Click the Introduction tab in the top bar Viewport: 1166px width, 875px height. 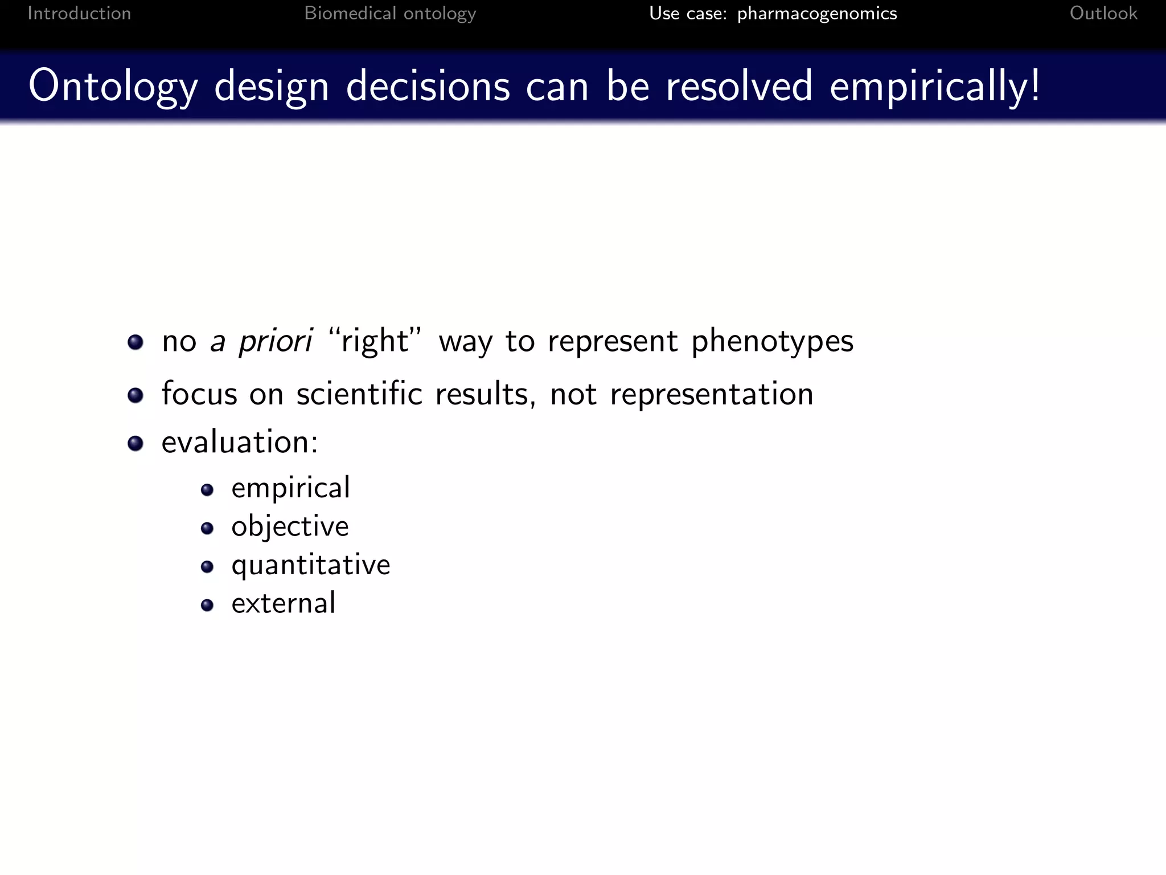point(79,13)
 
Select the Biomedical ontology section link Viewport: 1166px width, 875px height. point(390,13)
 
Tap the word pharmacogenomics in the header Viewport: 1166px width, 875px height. point(817,14)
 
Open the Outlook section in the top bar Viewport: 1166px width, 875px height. point(1103,13)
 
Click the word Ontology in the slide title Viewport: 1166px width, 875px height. point(113,87)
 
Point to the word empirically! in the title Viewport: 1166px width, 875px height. point(935,87)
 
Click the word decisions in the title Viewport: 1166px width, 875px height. point(428,87)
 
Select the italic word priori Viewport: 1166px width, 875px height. point(275,341)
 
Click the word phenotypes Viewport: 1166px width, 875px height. point(772,341)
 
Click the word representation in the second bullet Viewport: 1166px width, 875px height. point(711,394)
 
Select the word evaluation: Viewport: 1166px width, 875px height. point(240,442)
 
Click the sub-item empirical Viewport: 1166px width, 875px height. point(290,488)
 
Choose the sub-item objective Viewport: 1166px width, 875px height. point(290,526)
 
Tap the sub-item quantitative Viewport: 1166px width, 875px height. point(310,565)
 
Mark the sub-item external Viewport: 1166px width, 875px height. point(283,603)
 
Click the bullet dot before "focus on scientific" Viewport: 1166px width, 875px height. point(136,395)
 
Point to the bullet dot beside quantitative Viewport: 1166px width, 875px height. point(207,566)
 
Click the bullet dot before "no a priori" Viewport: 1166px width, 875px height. point(136,342)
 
